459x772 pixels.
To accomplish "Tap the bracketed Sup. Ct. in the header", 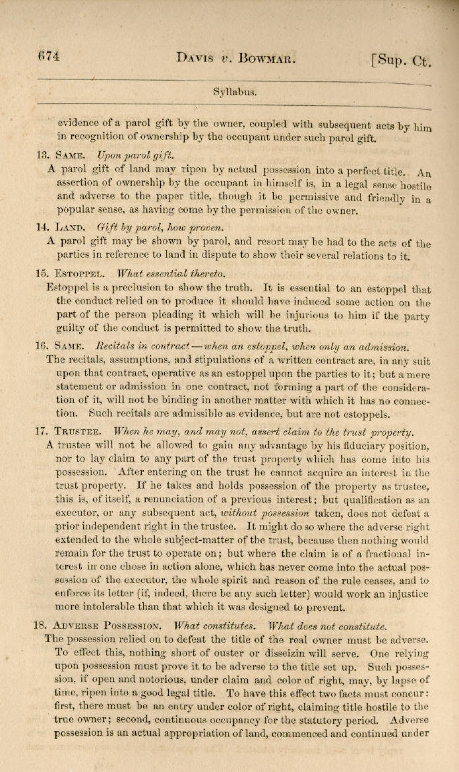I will coord(401,61).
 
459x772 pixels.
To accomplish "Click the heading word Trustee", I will coord(78,432).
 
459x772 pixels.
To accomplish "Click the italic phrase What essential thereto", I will coord(171,273).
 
